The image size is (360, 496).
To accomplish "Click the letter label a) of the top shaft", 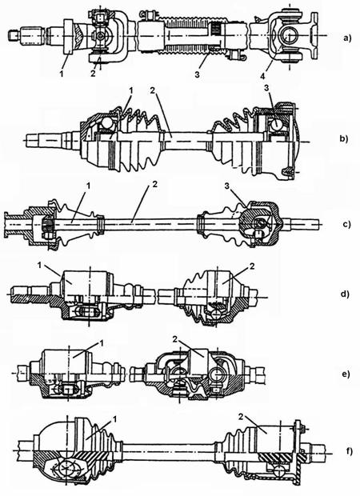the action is tap(347, 38).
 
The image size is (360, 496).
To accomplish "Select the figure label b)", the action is tap(343, 138).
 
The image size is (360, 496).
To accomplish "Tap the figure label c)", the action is tap(346, 225).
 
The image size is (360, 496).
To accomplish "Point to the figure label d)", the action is tap(345, 294).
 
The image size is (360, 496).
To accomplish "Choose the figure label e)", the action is tap(346, 374).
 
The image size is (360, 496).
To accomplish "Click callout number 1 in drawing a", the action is tap(62, 74).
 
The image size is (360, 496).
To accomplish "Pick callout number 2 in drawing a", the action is tap(93, 74).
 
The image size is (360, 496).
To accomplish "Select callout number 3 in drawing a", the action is tap(197, 75).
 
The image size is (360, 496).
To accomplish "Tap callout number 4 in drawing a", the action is tap(263, 76).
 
